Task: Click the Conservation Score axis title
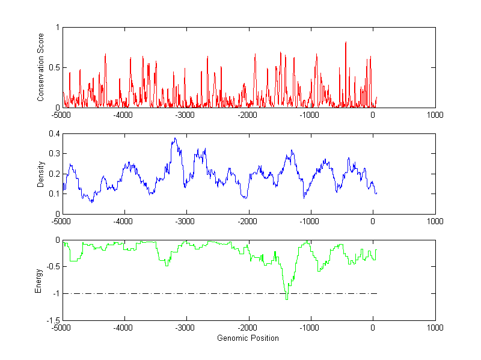pos(41,67)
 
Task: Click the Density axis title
pos(41,174)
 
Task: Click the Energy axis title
pos(38,280)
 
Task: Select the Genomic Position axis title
pos(248,338)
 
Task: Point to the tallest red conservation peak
pos(346,43)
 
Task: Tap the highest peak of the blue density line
pos(174,139)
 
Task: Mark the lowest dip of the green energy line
pos(287,299)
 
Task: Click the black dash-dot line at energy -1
pos(180,294)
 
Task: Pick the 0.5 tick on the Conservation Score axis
pos(54,68)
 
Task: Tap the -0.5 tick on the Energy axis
pos(52,267)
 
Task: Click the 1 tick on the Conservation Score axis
pos(57,28)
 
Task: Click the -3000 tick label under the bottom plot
pos(186,328)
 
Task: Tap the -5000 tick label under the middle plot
pos(62,221)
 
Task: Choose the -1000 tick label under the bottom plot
pos(310,328)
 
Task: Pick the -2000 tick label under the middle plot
pos(248,221)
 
